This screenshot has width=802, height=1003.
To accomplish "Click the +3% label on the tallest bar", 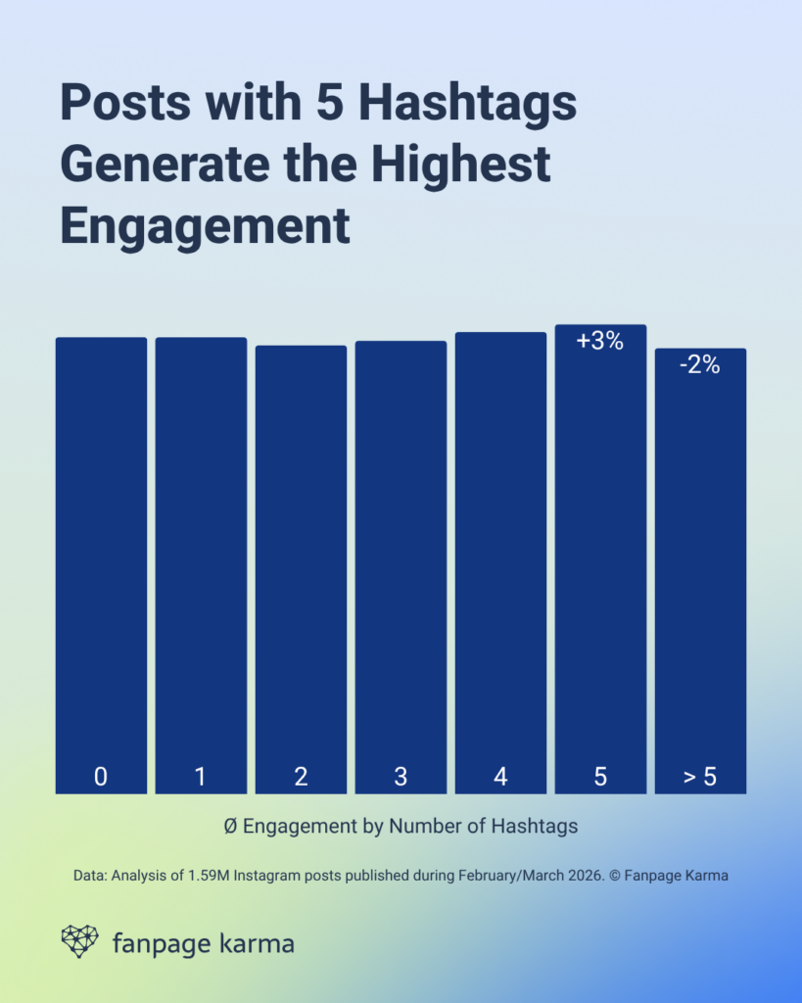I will point(599,342).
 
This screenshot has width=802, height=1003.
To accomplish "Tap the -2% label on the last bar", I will point(699,365).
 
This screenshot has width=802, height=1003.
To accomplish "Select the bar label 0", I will point(101,778).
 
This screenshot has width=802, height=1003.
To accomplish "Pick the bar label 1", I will point(201,778).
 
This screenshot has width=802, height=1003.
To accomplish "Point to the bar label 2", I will point(301,778).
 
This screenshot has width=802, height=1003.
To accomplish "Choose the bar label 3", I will point(401,778).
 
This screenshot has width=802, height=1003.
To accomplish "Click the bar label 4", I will point(500,778).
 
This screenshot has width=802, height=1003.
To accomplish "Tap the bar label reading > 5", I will point(699,778).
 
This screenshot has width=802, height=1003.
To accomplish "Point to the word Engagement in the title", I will point(205,225).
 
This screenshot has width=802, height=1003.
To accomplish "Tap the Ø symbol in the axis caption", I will point(230,826).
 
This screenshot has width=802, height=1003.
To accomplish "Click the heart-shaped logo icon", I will point(80,941).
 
